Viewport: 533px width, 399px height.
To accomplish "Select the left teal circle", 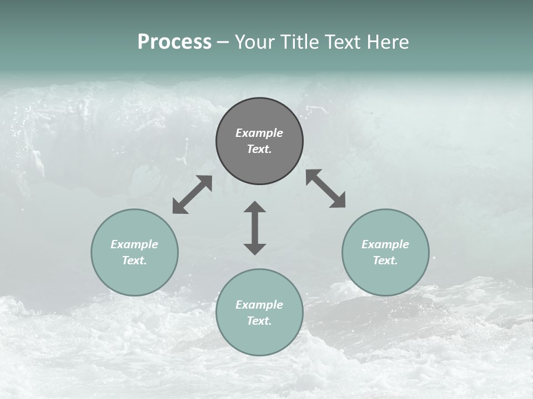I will click(x=134, y=277).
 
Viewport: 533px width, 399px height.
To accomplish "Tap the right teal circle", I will click(x=385, y=277).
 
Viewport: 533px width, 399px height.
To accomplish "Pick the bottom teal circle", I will click(x=259, y=338).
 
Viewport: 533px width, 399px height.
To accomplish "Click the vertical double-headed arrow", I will click(x=255, y=228).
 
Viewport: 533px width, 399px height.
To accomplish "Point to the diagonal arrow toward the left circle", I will click(x=192, y=195).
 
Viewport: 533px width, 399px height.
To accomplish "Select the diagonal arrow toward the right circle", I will click(x=325, y=188).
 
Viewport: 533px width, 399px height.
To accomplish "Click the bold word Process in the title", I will click(x=174, y=42).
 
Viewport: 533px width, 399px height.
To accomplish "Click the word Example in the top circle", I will click(x=259, y=133).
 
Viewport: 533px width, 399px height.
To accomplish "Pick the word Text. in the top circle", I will click(x=259, y=149).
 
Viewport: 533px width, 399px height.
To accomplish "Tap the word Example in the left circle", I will click(x=134, y=244).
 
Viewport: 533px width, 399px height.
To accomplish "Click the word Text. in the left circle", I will click(x=134, y=260).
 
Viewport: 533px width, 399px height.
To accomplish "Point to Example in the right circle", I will click(x=385, y=244).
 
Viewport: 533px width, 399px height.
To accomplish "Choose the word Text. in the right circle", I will click(x=385, y=260).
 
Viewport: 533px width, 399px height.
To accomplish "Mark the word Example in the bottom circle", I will click(x=259, y=305).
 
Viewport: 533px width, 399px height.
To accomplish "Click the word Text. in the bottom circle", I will click(x=259, y=321).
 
